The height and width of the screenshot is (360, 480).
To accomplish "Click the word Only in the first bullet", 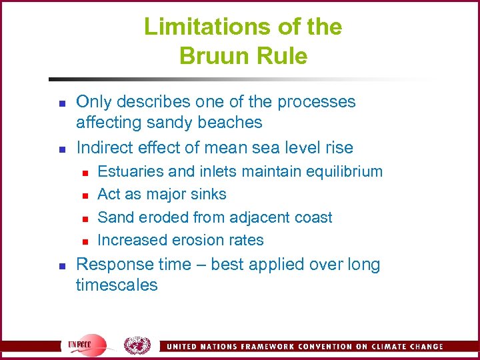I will click(x=94, y=101).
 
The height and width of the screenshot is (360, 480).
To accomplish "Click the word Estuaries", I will click(x=131, y=171).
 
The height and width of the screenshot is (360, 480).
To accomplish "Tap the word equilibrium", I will click(x=345, y=172).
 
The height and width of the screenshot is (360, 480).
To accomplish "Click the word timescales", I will click(x=117, y=285).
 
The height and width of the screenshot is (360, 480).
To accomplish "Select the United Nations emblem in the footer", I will click(x=137, y=345).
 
